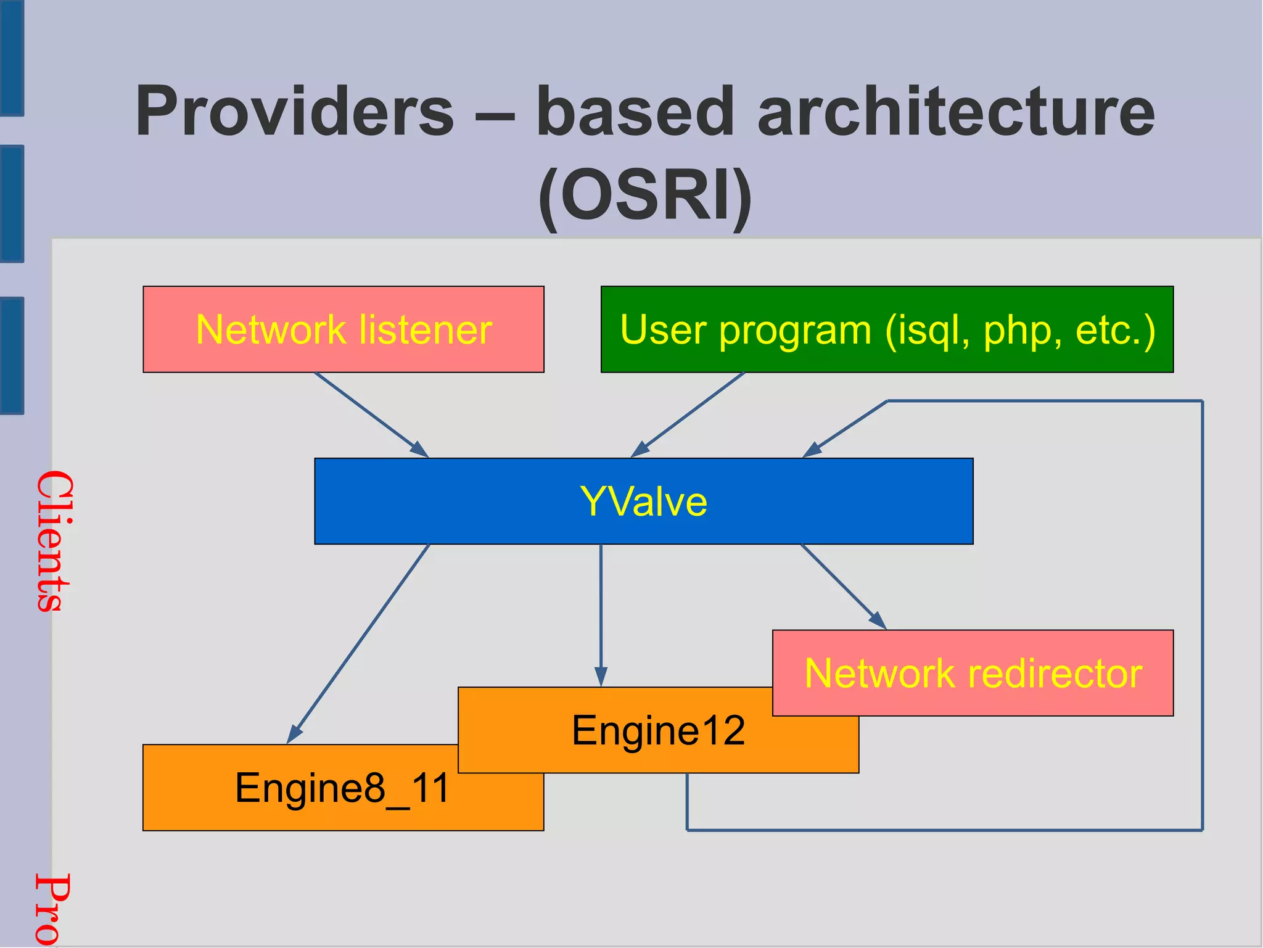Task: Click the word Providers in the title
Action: [295, 112]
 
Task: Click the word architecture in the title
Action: [955, 112]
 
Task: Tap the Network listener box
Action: [343, 329]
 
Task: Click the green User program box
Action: [886, 329]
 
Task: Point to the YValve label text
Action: [643, 501]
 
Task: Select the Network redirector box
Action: [973, 673]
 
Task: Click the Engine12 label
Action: [658, 731]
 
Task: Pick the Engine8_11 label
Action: [342, 788]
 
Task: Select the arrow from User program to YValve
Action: [688, 414]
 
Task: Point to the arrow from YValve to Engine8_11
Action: [358, 645]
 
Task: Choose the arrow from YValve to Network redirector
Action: [843, 587]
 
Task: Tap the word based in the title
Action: [635, 112]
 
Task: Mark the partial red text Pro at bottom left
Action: [52, 910]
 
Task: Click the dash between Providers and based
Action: [495, 115]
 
